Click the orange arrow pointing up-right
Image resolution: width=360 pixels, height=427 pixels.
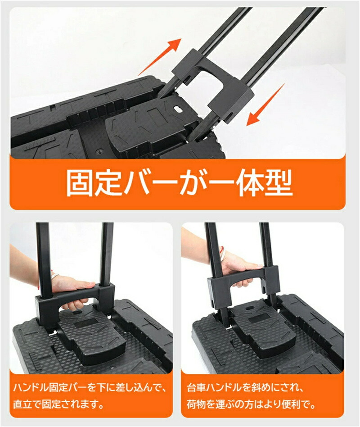point(160,57)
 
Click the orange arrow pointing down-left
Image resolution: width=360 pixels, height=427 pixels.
point(265,105)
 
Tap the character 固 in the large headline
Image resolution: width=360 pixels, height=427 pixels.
point(80,183)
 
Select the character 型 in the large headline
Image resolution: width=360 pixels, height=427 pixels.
point(279,183)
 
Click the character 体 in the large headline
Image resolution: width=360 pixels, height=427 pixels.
point(250,183)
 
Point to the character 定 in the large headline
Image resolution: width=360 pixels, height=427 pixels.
point(108,183)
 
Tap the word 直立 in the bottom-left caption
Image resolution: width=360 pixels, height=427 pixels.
point(22,404)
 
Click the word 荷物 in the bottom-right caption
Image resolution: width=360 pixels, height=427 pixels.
point(196,404)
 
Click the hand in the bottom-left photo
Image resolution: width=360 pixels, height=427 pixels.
point(73,289)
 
